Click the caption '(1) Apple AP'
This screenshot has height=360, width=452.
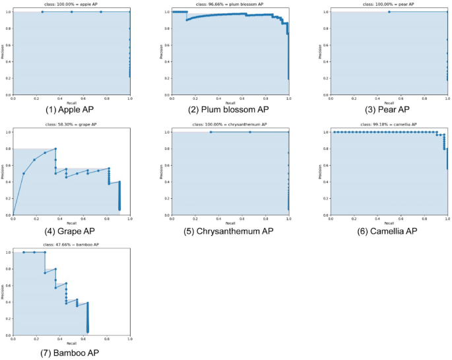72,109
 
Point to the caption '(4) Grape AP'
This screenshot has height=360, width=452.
72,231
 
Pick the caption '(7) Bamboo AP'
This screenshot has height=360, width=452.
72,353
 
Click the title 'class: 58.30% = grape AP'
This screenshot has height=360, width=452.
72,125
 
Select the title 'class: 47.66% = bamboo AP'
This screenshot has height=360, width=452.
72,246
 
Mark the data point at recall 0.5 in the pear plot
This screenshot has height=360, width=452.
389,12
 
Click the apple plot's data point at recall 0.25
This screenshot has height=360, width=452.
43,12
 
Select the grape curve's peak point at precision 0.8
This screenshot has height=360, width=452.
55,149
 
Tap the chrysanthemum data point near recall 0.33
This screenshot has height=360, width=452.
210,132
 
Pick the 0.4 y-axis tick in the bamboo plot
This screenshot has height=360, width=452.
9,302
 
